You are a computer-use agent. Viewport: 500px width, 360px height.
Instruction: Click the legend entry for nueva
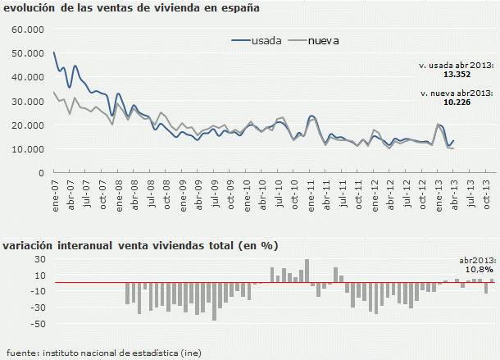click(323, 39)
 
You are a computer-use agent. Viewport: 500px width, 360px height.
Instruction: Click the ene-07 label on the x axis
click(54, 194)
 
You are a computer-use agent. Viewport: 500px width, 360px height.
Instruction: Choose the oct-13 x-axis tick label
click(487, 194)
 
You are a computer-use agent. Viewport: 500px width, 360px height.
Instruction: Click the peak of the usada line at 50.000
click(54, 53)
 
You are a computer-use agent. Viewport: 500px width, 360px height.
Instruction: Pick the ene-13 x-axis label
click(439, 194)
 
